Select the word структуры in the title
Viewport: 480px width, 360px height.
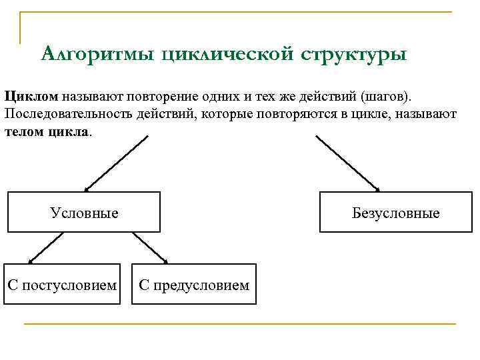[353, 53]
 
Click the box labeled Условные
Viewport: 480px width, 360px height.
[84, 213]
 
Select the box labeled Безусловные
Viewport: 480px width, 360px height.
[396, 213]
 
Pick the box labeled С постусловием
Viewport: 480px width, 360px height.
[62, 285]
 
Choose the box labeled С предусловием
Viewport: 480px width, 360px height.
[194, 285]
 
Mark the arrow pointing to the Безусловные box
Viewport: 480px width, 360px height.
[347, 163]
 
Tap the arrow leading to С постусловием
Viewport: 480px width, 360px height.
[45, 247]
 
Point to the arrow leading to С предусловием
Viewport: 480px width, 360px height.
[150, 247]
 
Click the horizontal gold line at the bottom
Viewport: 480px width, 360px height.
[240, 324]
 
